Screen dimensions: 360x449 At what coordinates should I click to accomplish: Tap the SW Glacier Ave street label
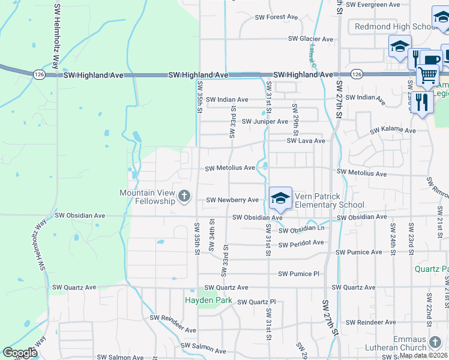pos(310,39)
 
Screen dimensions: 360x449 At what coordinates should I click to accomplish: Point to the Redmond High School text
pos(396,26)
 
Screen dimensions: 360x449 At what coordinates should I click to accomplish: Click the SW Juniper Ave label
pos(265,122)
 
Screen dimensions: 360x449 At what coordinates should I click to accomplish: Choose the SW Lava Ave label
pos(306,141)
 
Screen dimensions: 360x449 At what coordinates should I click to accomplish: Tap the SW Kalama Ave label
pos(393,130)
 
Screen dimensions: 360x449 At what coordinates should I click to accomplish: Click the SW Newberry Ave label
pos(232,200)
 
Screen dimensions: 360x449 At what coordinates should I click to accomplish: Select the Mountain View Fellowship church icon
pos(184,196)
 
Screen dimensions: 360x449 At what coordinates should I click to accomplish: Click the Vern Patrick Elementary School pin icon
pos(280,197)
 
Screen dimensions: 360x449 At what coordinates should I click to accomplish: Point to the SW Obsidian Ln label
pos(303,229)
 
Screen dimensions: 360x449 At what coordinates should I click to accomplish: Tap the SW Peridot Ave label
pos(302,243)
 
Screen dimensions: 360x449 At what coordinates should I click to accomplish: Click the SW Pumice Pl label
pos(298,274)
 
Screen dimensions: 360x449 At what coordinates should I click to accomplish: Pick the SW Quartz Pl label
pos(256,302)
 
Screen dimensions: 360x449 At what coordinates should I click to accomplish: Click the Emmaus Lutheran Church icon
pos(435,343)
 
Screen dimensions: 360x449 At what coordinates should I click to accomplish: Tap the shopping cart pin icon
pos(427,76)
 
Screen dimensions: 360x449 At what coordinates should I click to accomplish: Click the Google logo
pos(20,353)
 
